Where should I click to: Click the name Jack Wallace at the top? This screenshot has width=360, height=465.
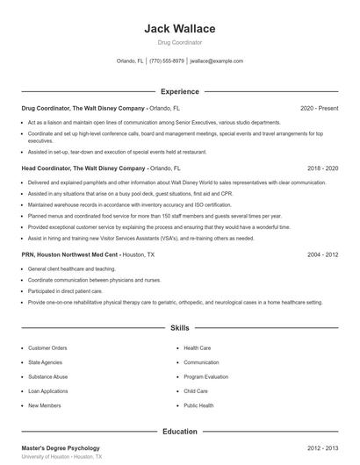179,29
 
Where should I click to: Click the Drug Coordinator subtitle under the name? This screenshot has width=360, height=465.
179,42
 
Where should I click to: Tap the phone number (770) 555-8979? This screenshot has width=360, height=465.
167,61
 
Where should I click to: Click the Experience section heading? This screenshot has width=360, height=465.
179,91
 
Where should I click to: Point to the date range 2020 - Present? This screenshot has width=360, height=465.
319,108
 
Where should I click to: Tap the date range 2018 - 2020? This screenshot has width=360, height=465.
322,167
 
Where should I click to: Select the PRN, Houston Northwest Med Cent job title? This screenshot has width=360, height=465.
69,254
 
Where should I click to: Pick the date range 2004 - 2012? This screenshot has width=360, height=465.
322,254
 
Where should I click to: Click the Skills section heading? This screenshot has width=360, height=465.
179,327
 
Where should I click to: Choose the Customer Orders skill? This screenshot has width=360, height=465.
47,348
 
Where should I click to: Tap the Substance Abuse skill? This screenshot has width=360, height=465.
47,376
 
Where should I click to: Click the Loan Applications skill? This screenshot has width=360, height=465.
48,391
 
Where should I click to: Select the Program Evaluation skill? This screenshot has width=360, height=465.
206,376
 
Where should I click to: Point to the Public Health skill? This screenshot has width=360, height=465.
198,405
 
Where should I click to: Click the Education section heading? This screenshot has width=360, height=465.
179,432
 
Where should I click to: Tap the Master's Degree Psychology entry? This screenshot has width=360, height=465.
61,448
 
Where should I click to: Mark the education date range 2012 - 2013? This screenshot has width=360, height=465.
322,448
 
